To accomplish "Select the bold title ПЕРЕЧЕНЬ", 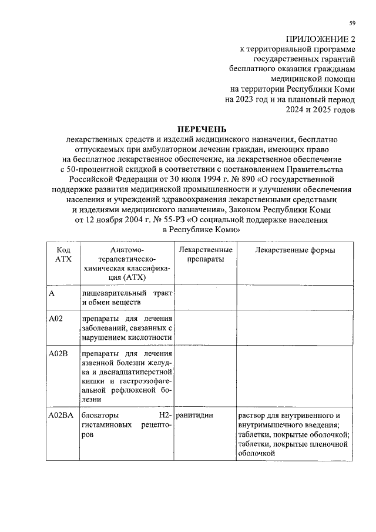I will pos(202,129).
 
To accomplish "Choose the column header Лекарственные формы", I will pos(295,250).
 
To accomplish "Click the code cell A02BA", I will pos(61,415).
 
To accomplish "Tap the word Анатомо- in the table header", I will pos(127,250).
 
